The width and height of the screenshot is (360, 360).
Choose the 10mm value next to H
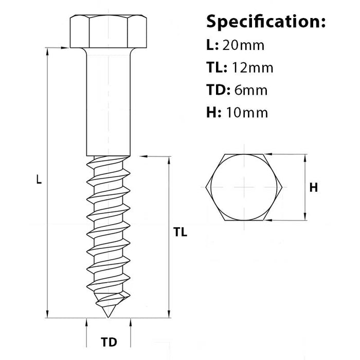click(245, 113)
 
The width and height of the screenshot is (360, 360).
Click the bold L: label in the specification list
click(212, 45)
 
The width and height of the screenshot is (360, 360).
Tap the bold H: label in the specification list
click(213, 113)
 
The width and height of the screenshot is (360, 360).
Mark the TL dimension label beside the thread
click(180, 232)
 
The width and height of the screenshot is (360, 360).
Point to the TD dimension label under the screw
click(109, 342)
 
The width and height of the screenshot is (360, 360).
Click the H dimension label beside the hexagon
click(313, 188)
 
